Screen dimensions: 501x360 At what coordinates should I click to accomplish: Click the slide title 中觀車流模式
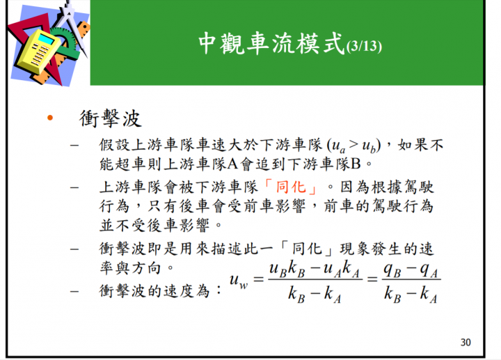coord(271,43)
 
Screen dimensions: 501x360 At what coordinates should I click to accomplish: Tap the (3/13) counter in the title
coord(364,47)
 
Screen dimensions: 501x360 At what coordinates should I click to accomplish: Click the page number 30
coord(466,343)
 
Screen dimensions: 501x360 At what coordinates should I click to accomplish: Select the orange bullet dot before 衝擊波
coord(50,118)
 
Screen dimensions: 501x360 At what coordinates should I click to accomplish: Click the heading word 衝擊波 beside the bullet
coord(110,118)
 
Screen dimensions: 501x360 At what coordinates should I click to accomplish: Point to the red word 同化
coord(291,187)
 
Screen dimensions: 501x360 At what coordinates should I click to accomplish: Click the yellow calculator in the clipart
coord(38,51)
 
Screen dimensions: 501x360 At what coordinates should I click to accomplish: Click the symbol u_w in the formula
coord(239,281)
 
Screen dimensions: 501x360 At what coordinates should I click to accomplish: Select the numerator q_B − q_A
coord(411,270)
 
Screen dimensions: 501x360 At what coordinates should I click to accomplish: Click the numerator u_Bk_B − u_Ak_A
coord(315,269)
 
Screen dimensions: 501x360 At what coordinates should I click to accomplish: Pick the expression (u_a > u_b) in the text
coord(353,146)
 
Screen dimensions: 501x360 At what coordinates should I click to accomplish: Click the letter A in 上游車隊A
coord(232,164)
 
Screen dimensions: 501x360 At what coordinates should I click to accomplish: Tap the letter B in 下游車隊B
coord(356,164)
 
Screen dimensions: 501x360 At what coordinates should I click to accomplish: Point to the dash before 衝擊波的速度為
coord(74,291)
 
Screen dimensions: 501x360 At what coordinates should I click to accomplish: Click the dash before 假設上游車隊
coord(74,146)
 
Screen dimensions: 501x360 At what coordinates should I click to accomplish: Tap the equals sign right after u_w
coord(258,279)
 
